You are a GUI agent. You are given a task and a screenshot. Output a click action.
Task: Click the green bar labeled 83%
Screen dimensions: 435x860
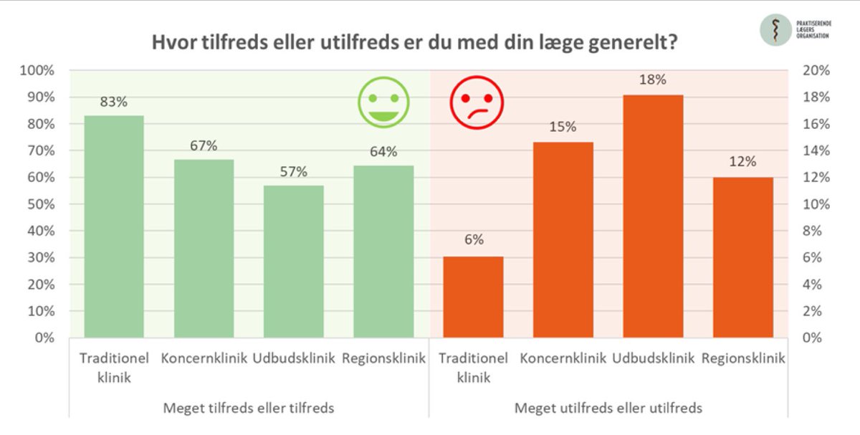pyautogui.click(x=113, y=226)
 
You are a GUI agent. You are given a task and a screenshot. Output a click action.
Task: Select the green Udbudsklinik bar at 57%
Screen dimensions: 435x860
pyautogui.click(x=293, y=262)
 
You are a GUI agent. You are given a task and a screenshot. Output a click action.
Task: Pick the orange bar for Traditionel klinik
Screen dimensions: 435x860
pyautogui.click(x=473, y=297)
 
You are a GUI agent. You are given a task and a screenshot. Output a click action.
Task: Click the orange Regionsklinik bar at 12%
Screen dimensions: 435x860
pyautogui.click(x=742, y=257)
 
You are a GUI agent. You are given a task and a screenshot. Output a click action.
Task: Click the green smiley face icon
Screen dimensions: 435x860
pyautogui.click(x=383, y=103)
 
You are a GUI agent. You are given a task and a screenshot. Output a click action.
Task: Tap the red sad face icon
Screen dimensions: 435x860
pyautogui.click(x=477, y=103)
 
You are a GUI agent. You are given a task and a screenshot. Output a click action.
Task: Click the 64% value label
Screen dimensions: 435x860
pyautogui.click(x=383, y=151)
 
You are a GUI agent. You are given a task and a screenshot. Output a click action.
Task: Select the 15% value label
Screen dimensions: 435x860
pyautogui.click(x=563, y=127)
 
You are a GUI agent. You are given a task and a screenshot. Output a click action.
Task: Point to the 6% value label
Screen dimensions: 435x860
pyautogui.click(x=473, y=239)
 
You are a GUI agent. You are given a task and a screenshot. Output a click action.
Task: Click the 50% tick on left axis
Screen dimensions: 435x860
pyautogui.click(x=40, y=204)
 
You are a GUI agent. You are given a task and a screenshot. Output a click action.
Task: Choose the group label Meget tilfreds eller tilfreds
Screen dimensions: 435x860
pyautogui.click(x=249, y=408)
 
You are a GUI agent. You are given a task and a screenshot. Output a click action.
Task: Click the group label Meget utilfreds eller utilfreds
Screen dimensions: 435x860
pyautogui.click(x=608, y=408)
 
